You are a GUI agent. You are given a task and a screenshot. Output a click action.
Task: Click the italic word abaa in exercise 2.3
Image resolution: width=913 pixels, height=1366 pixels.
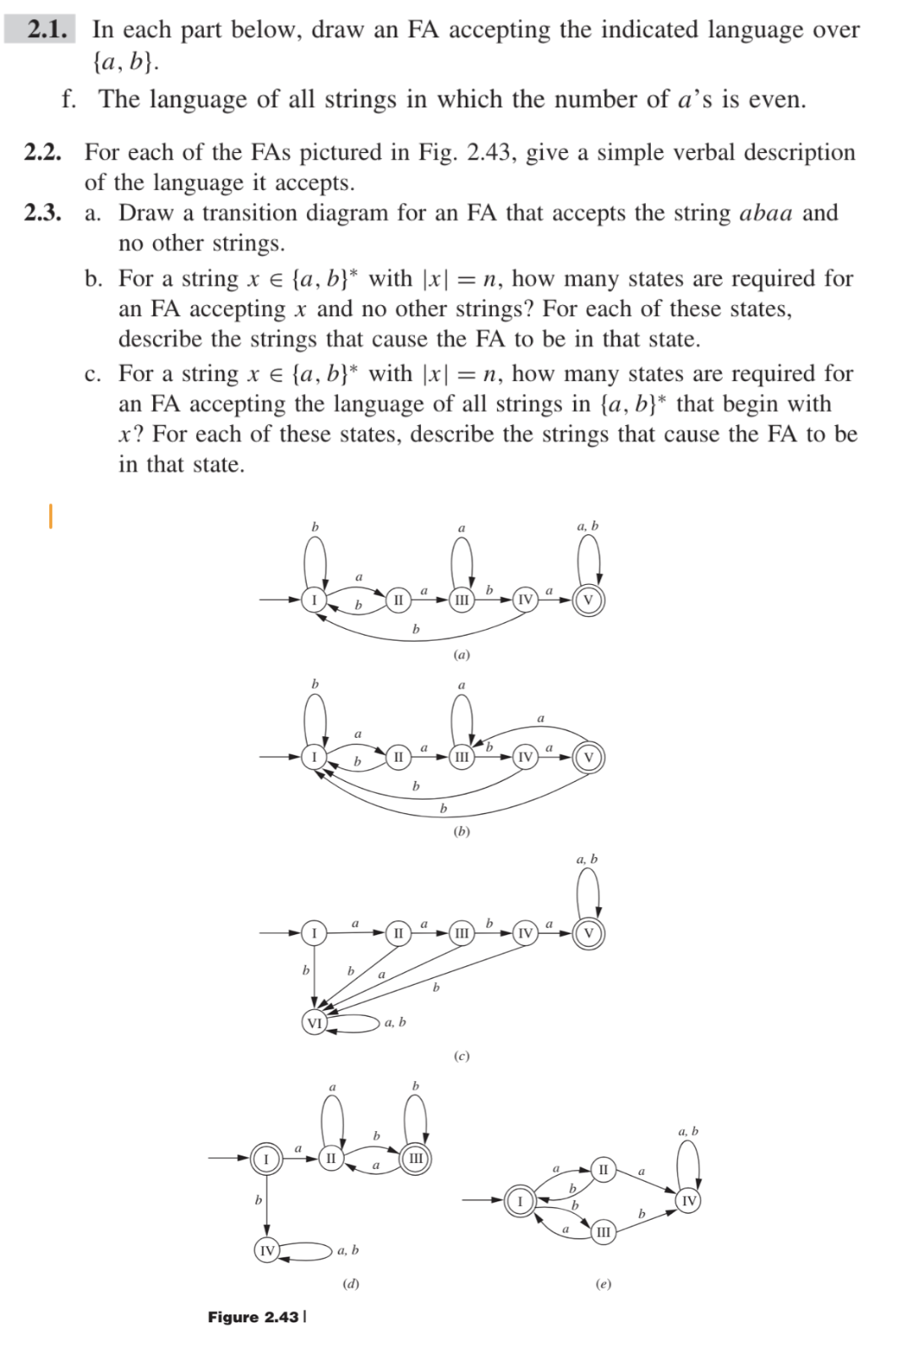coord(765,212)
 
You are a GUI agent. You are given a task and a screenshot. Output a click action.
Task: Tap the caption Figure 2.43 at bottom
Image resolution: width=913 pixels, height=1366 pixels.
coord(254,1317)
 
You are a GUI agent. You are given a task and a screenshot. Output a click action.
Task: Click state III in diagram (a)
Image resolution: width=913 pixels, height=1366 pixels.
coord(461,599)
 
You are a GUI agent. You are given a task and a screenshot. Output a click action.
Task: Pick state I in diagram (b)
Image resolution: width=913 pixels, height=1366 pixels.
coord(314,756)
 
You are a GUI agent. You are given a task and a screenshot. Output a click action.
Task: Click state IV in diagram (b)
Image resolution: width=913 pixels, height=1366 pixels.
coord(525,757)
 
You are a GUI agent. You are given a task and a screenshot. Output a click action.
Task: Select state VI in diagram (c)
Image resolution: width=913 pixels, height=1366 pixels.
coord(314,1023)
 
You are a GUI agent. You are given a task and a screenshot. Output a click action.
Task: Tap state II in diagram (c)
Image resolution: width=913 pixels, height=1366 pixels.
coord(398,933)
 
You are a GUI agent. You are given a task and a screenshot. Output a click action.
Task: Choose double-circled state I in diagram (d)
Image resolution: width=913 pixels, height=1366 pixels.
coord(266,1158)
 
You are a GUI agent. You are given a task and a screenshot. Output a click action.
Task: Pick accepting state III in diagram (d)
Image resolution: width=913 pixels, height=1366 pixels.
coord(416,1158)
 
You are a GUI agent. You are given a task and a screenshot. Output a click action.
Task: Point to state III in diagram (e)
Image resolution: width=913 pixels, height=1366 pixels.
coord(601,1232)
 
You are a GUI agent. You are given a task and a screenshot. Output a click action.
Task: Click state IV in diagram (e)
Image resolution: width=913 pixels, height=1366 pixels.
coord(689,1201)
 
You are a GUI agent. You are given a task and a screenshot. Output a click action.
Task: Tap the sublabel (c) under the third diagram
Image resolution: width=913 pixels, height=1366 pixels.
coord(462,1056)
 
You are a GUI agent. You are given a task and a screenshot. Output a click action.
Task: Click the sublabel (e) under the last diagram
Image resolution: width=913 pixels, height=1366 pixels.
coord(602,1284)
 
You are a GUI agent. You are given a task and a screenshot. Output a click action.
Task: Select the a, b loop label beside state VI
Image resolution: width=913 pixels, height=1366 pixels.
coord(395,1023)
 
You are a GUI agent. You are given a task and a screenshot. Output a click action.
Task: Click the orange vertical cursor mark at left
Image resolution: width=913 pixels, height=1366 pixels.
coord(51,516)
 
